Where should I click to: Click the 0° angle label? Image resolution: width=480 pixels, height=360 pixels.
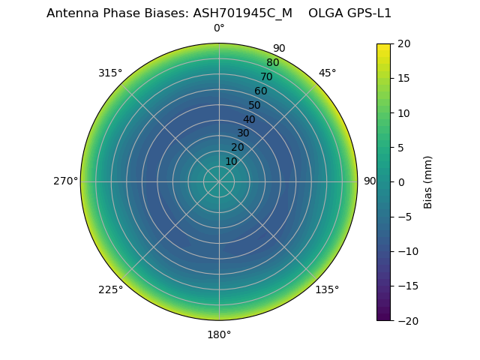[219, 28]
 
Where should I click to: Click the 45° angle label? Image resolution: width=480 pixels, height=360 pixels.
[328, 73]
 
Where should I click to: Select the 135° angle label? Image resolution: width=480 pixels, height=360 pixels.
[327, 289]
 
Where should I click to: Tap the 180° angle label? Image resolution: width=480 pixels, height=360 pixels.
[219, 334]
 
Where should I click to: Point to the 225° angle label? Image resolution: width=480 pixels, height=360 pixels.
[110, 289]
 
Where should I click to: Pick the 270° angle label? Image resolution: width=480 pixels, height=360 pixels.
[65, 181]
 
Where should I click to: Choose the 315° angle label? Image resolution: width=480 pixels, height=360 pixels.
[110, 73]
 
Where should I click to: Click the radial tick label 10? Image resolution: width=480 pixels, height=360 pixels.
[231, 161]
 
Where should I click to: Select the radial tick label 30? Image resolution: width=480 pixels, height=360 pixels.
[243, 133]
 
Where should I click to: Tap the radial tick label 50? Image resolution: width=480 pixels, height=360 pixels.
[255, 105]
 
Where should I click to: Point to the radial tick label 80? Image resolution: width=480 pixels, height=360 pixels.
[272, 62]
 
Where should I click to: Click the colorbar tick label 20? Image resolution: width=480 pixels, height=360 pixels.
[403, 43]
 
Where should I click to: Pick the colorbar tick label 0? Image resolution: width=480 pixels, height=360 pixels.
[400, 181]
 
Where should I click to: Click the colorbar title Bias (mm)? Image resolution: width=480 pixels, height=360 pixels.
[428, 182]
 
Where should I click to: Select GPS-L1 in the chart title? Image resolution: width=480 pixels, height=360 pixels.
[367, 13]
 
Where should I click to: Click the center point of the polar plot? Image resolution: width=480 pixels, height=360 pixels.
[219, 181]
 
